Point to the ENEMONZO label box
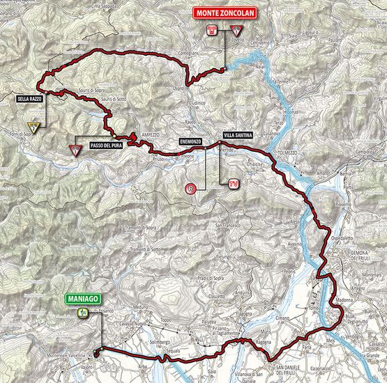(190, 141)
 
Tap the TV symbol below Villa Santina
(234, 183)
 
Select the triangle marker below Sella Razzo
(40, 126)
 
